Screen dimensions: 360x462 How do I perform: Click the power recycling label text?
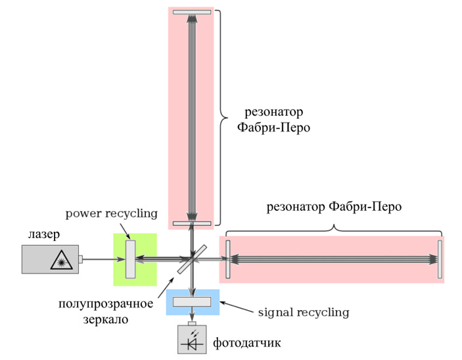[x=112, y=213]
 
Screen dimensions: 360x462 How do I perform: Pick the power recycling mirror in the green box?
[x=130, y=259]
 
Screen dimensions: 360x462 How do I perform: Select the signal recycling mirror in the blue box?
[x=192, y=302]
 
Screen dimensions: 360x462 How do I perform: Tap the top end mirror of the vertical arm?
[x=192, y=12]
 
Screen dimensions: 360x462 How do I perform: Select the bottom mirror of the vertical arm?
[x=192, y=224]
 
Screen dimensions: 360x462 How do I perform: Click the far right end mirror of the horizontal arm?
[x=439, y=259]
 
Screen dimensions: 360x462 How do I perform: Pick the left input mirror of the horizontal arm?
[x=227, y=259]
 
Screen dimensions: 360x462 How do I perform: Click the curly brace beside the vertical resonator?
[x=223, y=118]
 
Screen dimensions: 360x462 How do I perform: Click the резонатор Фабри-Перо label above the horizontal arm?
[x=333, y=207]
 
